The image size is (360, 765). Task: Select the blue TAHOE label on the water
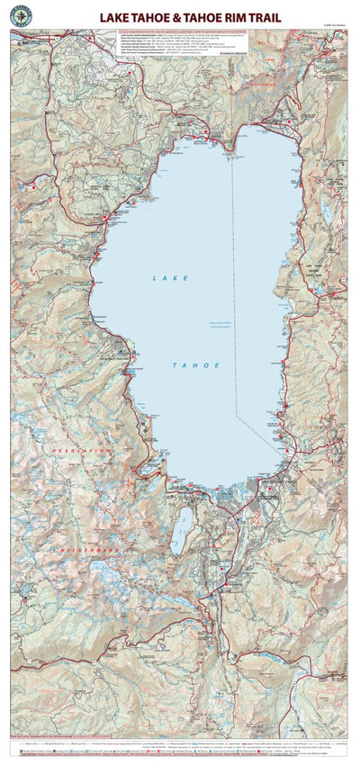193,365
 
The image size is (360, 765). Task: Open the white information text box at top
168,47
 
